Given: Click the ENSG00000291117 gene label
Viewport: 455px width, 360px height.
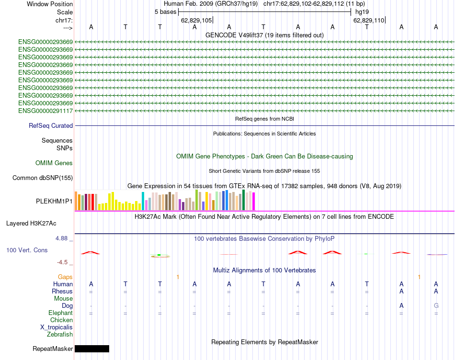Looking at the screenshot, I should click(45, 111).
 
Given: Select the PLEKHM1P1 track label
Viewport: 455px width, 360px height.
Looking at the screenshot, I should click(54, 202).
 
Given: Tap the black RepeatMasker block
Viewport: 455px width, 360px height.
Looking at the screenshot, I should click(92, 349).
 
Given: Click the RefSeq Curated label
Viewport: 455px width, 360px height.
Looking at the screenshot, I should click(51, 126).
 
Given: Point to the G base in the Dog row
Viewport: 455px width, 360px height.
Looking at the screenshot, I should click(436, 305).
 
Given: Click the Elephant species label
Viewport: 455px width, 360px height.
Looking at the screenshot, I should click(60, 313).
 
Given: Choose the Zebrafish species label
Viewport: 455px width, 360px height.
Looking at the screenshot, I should click(60, 335).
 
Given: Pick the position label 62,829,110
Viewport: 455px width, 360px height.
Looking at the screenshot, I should click(369, 21).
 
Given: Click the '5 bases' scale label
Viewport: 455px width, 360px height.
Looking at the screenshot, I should click(166, 11).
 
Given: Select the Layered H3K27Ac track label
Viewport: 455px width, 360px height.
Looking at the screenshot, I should click(31, 223).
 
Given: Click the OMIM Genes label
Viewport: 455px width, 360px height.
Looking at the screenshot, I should click(54, 163).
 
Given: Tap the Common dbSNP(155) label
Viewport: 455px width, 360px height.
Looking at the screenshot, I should click(42, 178).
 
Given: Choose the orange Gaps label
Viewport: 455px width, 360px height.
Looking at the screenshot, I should click(65, 277).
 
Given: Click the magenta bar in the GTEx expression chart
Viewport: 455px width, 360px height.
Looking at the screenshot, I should click(254, 201).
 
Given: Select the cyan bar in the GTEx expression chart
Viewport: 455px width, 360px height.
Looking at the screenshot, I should click(143, 201).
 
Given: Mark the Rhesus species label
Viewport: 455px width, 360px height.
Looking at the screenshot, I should click(62, 291).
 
